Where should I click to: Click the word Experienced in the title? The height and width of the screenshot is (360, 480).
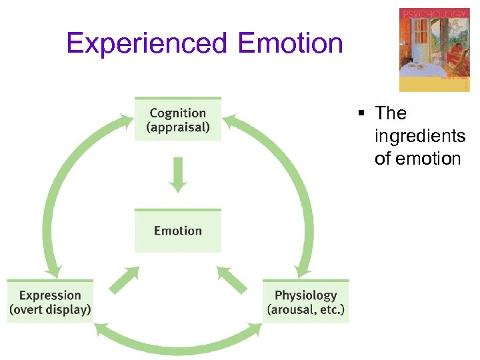[x=147, y=44]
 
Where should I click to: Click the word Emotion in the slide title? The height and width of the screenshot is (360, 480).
[x=289, y=44]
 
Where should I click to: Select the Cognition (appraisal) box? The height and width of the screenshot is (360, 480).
[x=177, y=119]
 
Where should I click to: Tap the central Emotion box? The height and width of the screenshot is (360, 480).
[x=177, y=231]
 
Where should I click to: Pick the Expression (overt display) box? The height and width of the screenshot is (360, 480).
[x=50, y=302]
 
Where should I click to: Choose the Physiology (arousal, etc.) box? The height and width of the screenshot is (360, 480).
[x=305, y=302]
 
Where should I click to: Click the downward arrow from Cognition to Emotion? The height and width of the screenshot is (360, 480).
[x=177, y=175]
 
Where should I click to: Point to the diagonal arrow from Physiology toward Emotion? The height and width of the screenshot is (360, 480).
[x=231, y=281]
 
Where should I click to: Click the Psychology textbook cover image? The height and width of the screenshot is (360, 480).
[x=434, y=50]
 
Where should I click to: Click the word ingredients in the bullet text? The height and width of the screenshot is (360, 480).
[x=420, y=136]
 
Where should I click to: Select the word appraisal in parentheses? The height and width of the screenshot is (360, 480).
[x=177, y=127]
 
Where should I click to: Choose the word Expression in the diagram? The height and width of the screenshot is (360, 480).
[x=50, y=295]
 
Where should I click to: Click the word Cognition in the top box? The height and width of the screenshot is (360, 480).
[x=177, y=113]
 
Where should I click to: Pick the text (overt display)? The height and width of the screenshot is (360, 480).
[x=50, y=309]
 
